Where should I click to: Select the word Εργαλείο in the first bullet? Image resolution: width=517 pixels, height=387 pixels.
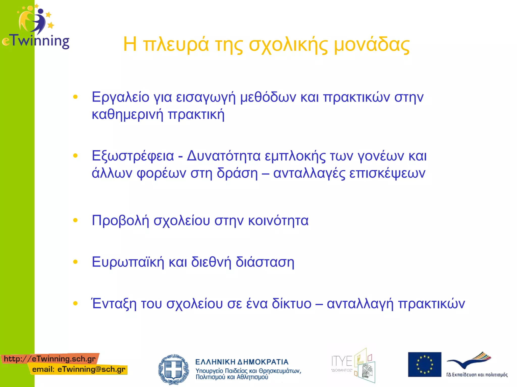click(120, 97)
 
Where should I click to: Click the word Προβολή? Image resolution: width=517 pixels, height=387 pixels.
click(120, 221)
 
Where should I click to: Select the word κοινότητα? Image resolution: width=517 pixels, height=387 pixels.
click(278, 221)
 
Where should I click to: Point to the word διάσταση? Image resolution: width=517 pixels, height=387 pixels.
click(265, 262)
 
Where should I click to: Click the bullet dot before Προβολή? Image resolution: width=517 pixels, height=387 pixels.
click(75, 220)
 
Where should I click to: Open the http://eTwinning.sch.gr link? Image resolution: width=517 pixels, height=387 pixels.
click(50, 359)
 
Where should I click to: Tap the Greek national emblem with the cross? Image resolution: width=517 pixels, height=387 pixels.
click(173, 369)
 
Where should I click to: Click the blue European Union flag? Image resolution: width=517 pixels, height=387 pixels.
click(425, 364)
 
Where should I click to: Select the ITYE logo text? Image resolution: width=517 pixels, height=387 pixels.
click(342, 361)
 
